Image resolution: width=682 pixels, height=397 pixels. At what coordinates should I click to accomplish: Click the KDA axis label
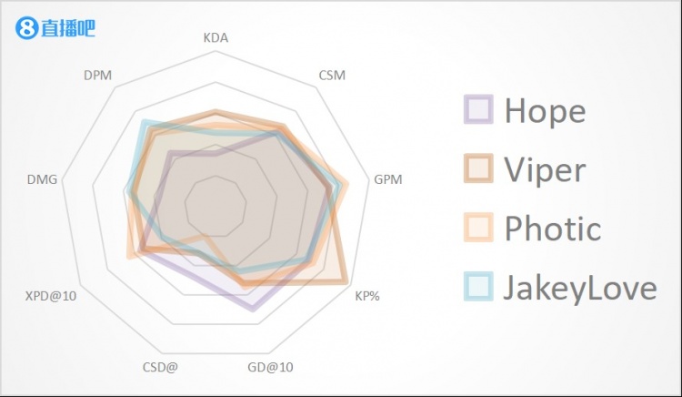tap(216, 38)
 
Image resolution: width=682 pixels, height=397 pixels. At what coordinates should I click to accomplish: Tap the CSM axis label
tap(332, 75)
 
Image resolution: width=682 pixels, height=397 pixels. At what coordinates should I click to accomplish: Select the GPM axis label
tap(387, 179)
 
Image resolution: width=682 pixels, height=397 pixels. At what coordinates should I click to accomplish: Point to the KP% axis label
tap(367, 296)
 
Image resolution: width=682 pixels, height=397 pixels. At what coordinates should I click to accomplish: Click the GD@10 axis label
tap(271, 368)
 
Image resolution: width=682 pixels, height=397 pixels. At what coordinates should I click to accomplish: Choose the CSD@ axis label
tap(160, 368)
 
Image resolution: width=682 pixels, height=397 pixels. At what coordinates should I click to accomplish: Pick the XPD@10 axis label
tap(51, 296)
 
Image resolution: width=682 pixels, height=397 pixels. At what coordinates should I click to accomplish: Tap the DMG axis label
tap(43, 179)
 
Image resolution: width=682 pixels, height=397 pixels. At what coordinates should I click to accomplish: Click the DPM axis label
tap(97, 75)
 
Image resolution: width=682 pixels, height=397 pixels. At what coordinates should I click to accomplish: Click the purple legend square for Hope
tap(478, 109)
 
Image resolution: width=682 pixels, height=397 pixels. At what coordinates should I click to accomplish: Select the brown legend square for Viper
tap(478, 168)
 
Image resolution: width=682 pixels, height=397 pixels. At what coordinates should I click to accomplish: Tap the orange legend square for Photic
tap(478, 227)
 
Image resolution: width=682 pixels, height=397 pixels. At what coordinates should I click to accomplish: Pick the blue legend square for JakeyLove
tap(478, 286)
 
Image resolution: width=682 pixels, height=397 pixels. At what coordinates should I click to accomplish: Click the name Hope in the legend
tap(545, 111)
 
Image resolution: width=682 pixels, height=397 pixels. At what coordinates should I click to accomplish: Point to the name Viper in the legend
tap(545, 169)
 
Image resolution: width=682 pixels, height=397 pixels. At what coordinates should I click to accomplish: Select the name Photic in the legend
tap(553, 228)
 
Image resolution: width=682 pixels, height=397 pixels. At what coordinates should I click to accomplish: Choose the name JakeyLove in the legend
tap(580, 287)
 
